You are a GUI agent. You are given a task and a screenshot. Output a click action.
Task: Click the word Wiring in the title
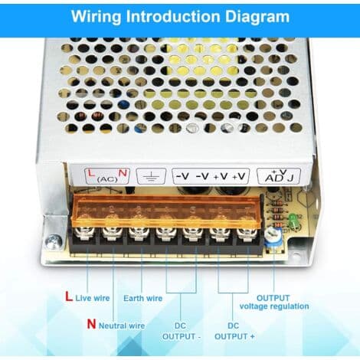[x=97, y=17]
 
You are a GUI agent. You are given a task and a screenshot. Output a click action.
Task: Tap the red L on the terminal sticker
[x=91, y=173]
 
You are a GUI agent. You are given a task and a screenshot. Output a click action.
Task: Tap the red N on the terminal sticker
[x=123, y=173]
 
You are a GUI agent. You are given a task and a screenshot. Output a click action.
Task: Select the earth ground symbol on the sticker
[x=151, y=176]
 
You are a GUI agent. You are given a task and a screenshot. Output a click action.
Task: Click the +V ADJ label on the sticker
[x=279, y=175]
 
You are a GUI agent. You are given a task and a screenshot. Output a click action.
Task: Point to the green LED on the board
[x=292, y=221]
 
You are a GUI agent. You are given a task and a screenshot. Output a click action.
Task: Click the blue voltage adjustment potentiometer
[x=273, y=237]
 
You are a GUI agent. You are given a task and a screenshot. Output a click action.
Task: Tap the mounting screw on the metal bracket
[x=54, y=241]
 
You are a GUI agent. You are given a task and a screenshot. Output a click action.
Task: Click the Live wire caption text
[x=93, y=298]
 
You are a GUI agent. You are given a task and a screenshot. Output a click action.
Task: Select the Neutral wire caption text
[x=122, y=326]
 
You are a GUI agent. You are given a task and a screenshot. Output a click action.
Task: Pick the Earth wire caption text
[x=142, y=298]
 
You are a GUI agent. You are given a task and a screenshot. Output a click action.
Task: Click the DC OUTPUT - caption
[x=181, y=331]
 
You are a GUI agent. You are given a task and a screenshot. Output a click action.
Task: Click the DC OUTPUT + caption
[x=234, y=331]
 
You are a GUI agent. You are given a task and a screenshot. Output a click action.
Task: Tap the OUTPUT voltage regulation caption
[x=274, y=302]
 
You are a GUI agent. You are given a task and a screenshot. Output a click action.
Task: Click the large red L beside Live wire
[x=69, y=296]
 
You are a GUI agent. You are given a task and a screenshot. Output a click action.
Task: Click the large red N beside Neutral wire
[x=91, y=324]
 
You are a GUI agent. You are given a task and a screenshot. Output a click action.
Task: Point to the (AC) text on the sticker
[x=107, y=179]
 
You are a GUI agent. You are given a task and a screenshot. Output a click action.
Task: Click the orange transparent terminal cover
[x=167, y=210]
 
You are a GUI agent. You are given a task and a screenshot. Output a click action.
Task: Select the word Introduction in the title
[x=173, y=17]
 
